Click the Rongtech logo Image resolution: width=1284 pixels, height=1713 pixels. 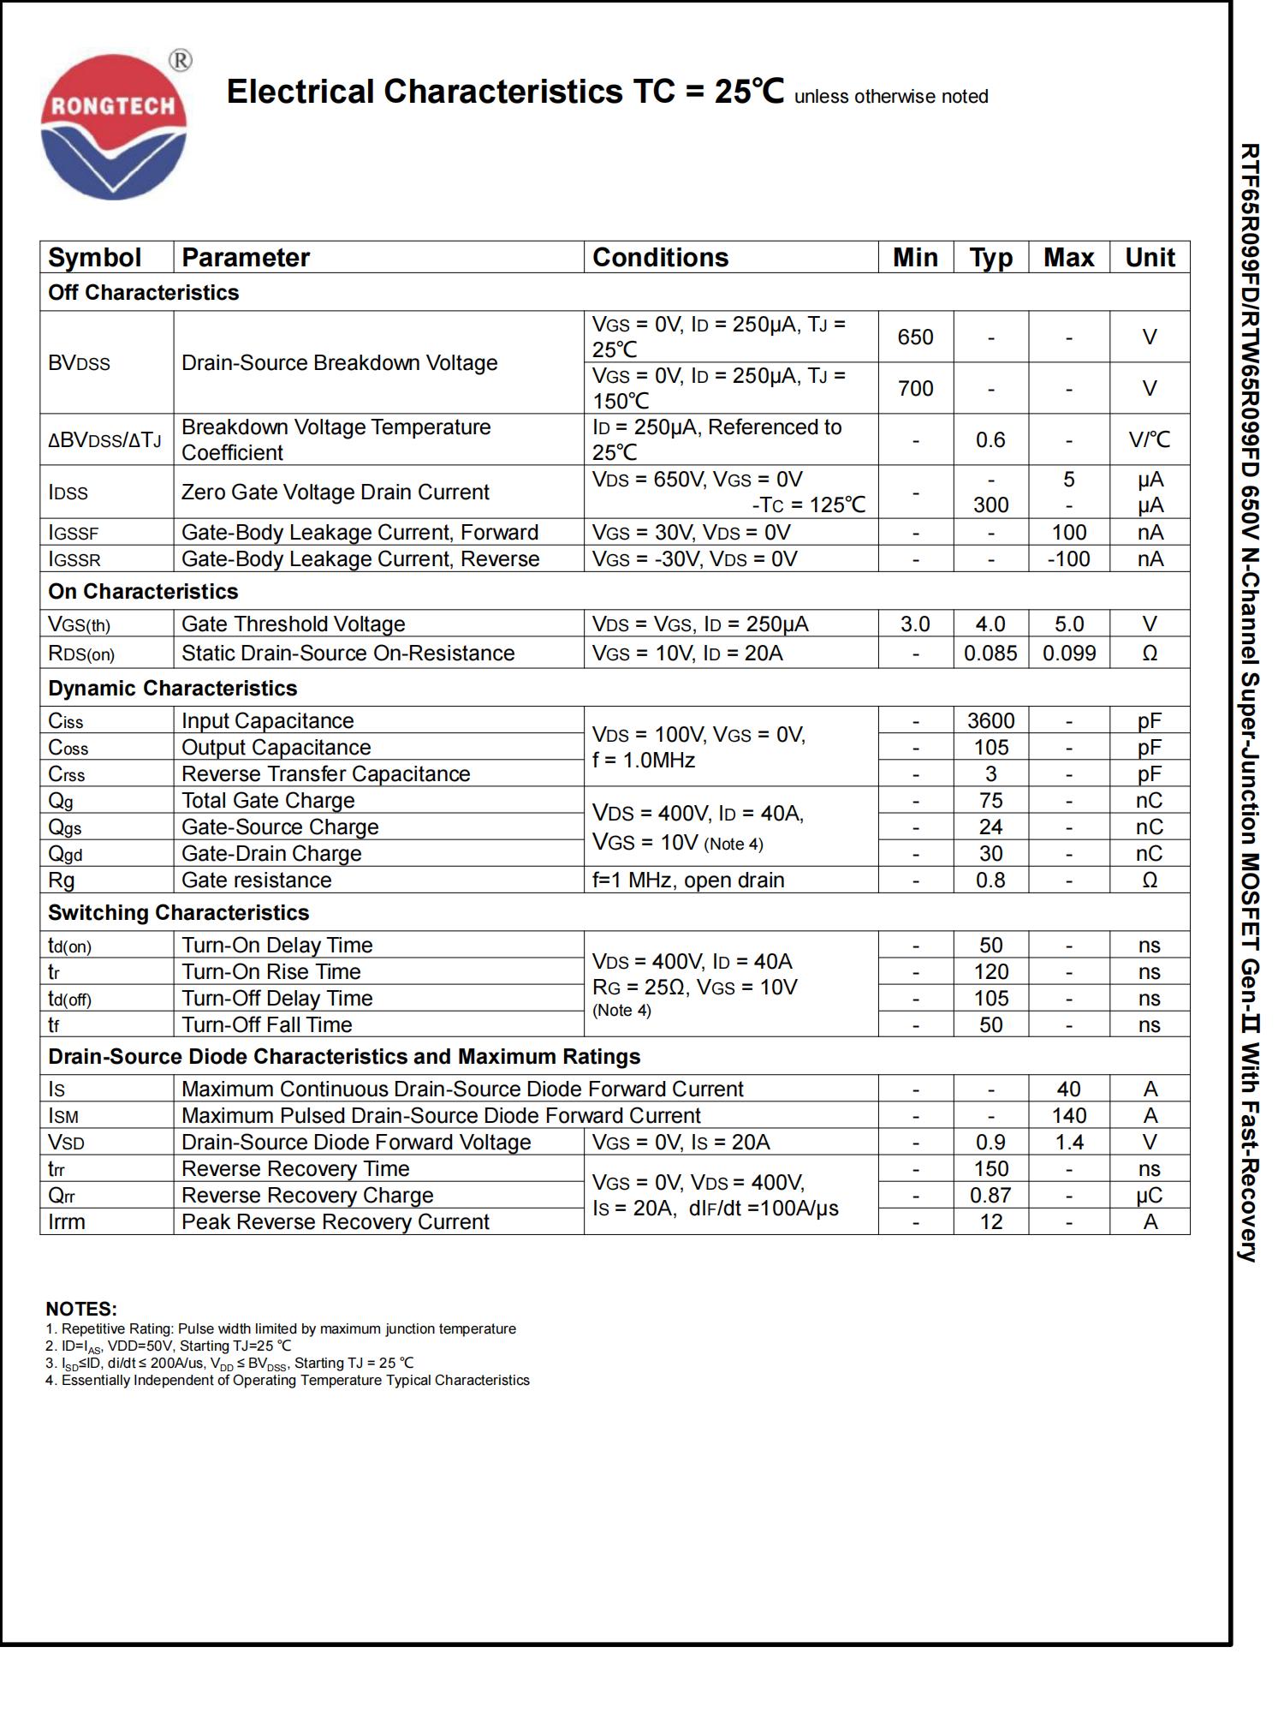114,127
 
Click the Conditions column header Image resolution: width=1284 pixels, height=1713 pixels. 660,258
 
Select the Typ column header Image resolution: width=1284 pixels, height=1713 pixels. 990,258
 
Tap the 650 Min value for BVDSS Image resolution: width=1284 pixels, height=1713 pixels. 915,337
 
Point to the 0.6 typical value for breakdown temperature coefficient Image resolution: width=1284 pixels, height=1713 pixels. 990,440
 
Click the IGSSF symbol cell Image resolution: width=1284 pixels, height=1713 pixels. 74,533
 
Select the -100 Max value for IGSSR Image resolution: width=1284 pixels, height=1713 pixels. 1068,559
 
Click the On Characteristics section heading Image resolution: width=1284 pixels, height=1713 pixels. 143,592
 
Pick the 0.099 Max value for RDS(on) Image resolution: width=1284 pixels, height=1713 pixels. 1068,654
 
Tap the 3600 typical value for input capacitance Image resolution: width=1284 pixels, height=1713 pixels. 990,721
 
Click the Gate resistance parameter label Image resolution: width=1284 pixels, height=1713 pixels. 256,880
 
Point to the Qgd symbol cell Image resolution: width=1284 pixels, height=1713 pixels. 65,854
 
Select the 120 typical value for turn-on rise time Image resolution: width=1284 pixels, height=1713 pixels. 990,972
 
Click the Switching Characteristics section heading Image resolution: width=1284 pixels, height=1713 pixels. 178,913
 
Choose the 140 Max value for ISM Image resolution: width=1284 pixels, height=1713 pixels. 1068,1116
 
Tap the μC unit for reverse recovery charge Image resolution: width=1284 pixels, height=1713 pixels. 1150,1196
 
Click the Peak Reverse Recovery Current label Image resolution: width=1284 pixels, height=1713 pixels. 335,1222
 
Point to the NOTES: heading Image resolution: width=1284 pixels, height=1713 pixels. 81,1310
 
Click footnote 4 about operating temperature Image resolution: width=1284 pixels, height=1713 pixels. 288,1381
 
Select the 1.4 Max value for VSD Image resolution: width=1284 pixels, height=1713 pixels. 1068,1143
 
